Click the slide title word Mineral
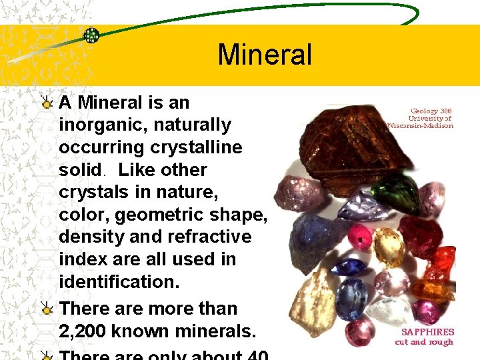(x=264, y=55)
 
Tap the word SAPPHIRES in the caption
(x=427, y=331)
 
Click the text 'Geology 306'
(x=431, y=111)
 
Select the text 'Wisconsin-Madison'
(x=421, y=125)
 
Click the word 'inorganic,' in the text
(x=93, y=125)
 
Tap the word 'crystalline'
(x=197, y=147)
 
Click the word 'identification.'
(x=119, y=282)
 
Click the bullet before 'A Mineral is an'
(x=46, y=103)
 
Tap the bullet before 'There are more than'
(x=46, y=309)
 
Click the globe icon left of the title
(x=91, y=35)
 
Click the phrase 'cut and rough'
(x=424, y=343)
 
